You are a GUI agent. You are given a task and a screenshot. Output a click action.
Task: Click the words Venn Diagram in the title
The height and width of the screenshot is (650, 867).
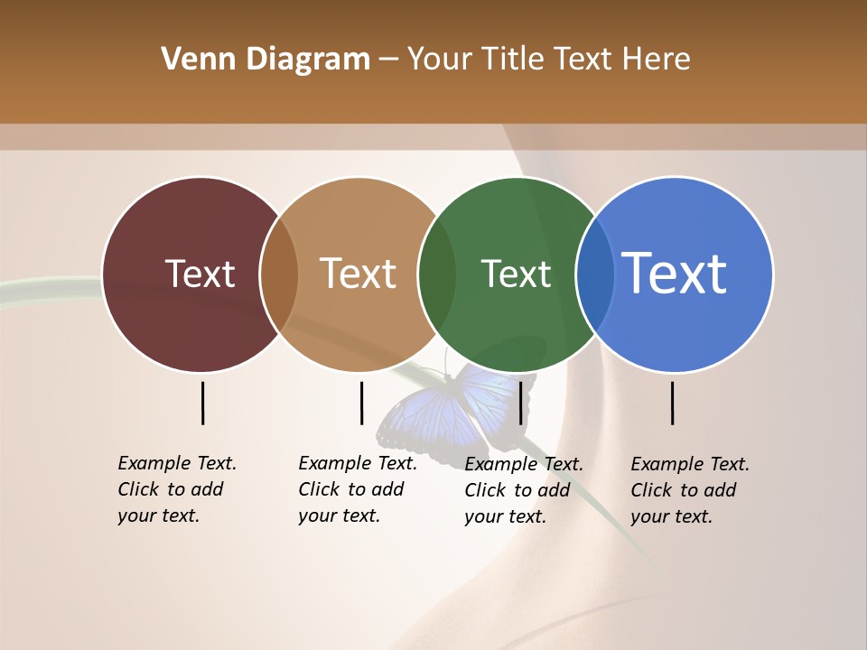click(266, 60)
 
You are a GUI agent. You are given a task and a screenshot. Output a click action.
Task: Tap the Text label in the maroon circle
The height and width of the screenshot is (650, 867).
click(200, 274)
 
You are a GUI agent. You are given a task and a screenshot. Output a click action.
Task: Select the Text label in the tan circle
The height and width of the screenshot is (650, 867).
click(359, 274)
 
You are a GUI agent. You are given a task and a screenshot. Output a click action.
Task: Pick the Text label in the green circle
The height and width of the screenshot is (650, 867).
click(516, 274)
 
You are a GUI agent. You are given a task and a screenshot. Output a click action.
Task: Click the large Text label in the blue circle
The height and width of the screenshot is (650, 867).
click(675, 273)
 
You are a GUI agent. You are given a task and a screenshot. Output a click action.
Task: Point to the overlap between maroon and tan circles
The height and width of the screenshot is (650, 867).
click(279, 274)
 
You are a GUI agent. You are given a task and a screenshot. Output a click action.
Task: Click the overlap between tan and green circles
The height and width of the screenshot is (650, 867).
click(437, 274)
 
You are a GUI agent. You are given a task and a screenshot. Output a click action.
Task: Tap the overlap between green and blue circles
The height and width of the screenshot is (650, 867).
click(595, 274)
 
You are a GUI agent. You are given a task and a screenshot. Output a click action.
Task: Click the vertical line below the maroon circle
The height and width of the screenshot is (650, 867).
click(202, 403)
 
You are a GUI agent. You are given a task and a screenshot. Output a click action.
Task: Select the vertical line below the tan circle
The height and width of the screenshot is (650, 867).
click(361, 403)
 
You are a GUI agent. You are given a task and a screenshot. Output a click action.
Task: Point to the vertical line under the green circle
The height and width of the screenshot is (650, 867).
click(520, 403)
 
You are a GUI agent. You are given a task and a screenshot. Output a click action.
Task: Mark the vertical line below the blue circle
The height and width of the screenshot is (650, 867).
click(673, 403)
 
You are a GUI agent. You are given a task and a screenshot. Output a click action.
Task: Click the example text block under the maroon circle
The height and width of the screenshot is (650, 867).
click(177, 489)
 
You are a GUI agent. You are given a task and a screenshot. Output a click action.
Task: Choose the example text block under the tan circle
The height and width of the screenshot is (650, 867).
click(358, 489)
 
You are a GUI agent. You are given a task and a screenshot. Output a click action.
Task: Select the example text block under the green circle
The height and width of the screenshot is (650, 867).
click(524, 490)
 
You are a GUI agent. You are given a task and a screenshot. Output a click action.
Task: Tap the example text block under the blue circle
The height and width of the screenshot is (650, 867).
click(690, 490)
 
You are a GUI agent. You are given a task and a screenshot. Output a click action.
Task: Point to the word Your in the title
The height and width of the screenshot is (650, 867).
click(440, 60)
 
